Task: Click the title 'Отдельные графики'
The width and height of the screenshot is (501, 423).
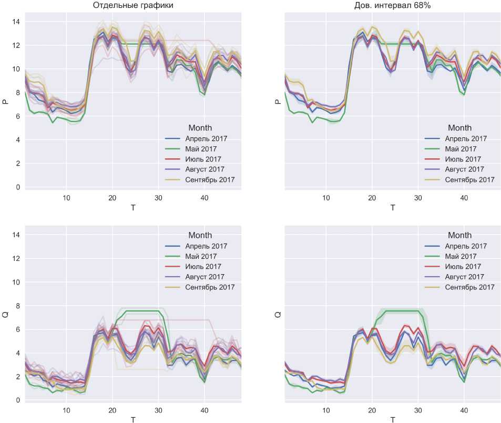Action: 132,6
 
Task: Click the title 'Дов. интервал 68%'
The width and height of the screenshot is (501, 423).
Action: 393,6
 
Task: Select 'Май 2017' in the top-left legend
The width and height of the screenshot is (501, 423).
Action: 201,149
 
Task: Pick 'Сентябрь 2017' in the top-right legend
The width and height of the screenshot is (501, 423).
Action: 469,180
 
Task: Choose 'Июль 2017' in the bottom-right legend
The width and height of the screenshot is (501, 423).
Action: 463,267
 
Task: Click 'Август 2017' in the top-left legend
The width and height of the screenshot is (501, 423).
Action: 205,169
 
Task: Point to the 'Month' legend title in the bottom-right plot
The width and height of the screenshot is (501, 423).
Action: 459,235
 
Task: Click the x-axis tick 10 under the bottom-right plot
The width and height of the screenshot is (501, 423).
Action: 326,410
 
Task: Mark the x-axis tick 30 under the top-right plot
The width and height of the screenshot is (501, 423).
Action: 418,198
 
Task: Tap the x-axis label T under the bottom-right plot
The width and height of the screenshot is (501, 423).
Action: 393,419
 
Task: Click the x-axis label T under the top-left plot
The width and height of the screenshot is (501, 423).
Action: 132,207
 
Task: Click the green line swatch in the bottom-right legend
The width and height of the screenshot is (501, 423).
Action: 433,257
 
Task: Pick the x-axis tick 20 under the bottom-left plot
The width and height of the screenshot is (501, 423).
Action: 112,410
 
